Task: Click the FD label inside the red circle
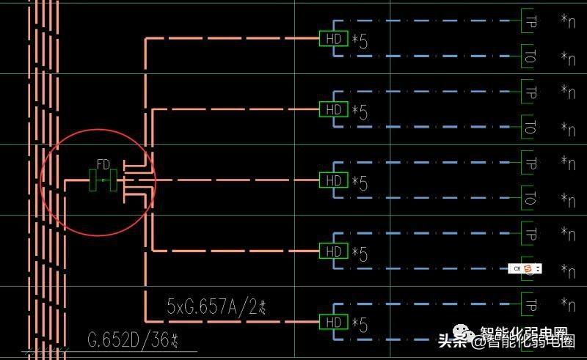[103, 164]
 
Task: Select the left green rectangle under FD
[93, 180]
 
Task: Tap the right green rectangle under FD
[113, 180]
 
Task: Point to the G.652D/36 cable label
[134, 340]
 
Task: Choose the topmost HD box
[333, 39]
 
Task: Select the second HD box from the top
[333, 110]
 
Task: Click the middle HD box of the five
[333, 180]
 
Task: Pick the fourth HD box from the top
[333, 251]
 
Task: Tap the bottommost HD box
[333, 323]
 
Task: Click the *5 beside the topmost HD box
[359, 40]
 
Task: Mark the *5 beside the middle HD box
[359, 182]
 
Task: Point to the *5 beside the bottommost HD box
[359, 324]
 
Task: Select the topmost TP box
[530, 21]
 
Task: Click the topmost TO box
[530, 56]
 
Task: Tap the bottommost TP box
[530, 304]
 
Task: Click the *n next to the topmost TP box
[567, 21]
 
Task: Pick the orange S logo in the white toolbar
[528, 269]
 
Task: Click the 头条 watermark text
[452, 341]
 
